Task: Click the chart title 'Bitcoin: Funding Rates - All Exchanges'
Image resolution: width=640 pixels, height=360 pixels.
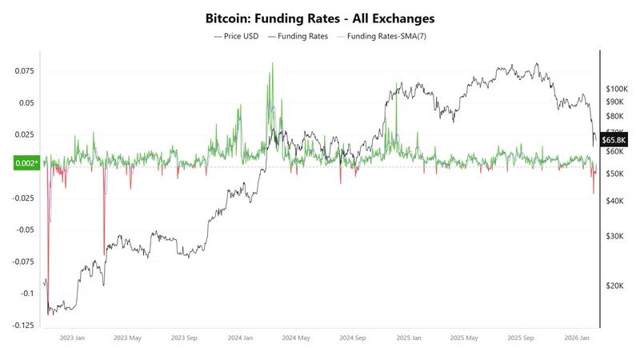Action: click(320, 18)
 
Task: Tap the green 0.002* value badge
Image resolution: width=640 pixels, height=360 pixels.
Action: click(26, 163)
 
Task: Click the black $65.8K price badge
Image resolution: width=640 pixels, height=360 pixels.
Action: click(615, 140)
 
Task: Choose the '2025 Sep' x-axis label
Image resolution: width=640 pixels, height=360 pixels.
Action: click(520, 338)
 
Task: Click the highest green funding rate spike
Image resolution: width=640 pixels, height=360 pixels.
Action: click(272, 64)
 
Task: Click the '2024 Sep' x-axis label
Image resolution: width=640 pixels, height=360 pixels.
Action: click(353, 338)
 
